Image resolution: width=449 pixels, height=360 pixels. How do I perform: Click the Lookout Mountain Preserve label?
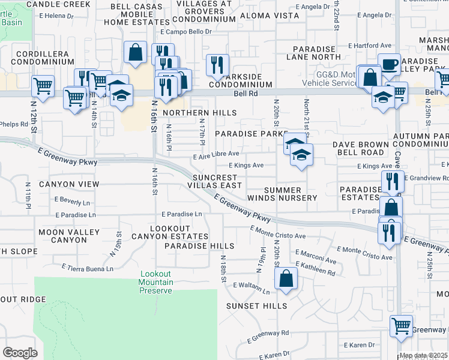point(156,282)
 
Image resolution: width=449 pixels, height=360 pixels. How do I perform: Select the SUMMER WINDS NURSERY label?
point(282,194)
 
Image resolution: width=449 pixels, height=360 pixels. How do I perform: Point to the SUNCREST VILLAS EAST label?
point(217,181)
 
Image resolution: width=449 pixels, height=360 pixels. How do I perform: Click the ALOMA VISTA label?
point(269,15)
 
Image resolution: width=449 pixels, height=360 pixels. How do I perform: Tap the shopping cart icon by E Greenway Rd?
point(401,327)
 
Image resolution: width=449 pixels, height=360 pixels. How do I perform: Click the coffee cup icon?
point(389,64)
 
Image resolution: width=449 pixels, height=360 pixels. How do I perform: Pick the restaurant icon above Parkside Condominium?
point(217,65)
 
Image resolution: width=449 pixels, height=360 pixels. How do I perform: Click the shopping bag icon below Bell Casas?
point(136,52)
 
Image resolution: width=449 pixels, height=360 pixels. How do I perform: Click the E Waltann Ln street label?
point(252,286)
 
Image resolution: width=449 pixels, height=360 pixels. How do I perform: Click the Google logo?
point(20,352)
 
